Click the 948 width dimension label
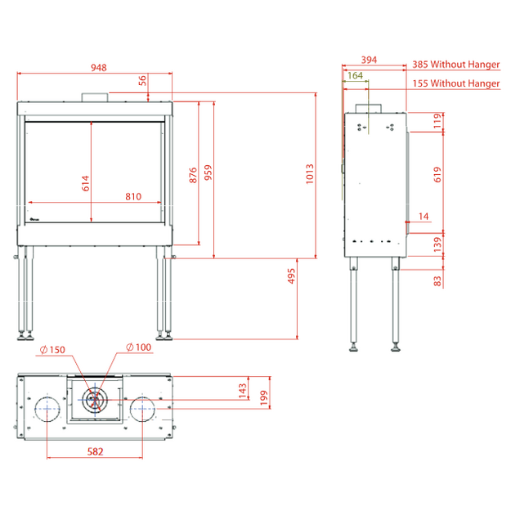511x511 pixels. tap(99, 68)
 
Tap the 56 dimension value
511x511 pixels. tap(142, 80)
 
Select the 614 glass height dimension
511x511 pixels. tap(85, 183)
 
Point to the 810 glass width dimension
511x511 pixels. tap(133, 196)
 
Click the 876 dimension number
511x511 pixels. tap(193, 175)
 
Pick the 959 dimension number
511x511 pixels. tap(208, 173)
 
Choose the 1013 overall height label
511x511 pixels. tap(310, 174)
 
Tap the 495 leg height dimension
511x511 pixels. tap(291, 276)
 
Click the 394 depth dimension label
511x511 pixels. tap(369, 60)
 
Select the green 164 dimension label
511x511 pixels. tap(355, 75)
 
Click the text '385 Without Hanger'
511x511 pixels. tap(456, 65)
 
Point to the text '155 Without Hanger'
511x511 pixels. tap(456, 83)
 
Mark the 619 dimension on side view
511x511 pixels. tap(437, 174)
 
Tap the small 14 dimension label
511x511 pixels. tap(424, 217)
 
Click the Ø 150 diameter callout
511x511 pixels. tap(52, 350)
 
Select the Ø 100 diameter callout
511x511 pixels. tap(138, 347)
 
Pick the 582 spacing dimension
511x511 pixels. tap(95, 451)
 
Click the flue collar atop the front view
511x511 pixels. tap(95, 97)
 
